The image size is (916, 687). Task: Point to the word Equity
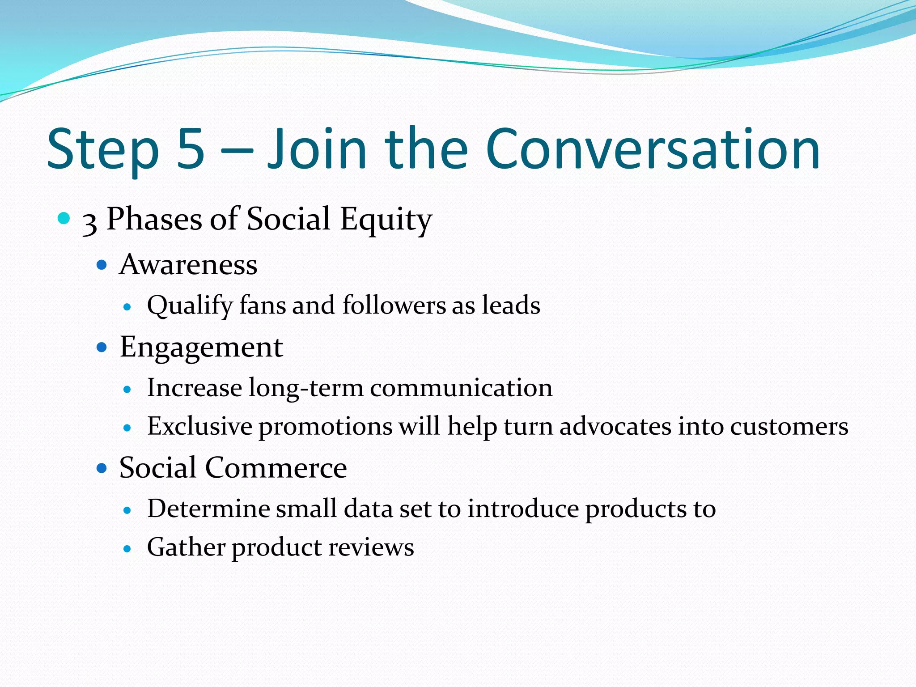(386, 220)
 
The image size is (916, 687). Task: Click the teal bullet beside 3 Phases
(64, 218)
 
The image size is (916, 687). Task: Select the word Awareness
(188, 265)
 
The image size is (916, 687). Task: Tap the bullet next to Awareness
(102, 265)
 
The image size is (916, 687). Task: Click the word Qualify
(190, 306)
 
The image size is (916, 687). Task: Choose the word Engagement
(201, 348)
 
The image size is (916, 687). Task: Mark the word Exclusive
(199, 426)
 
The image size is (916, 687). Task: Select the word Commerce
(276, 468)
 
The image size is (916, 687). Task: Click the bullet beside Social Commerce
(102, 468)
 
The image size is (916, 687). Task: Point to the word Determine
(208, 509)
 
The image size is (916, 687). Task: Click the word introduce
(523, 509)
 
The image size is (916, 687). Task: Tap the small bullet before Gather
(127, 548)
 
